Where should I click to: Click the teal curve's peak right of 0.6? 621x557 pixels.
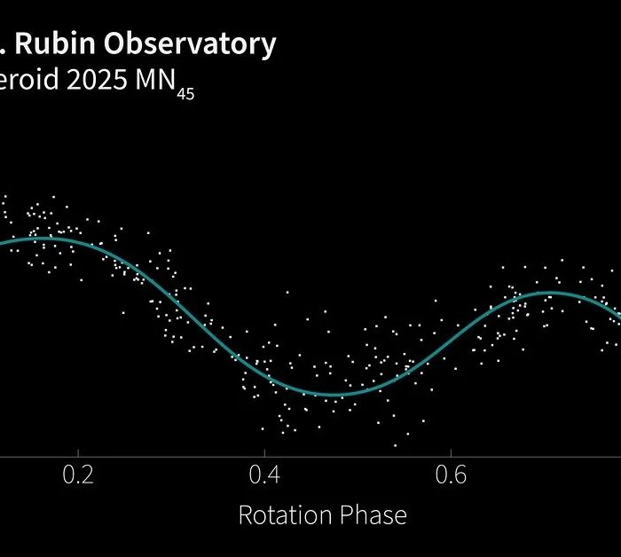pyautogui.click(x=550, y=293)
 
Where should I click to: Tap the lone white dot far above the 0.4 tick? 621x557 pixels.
pyautogui.click(x=288, y=291)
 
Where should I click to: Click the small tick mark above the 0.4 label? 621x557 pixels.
pyautogui.click(x=264, y=455)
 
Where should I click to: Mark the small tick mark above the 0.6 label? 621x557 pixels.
pyautogui.click(x=451, y=455)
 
